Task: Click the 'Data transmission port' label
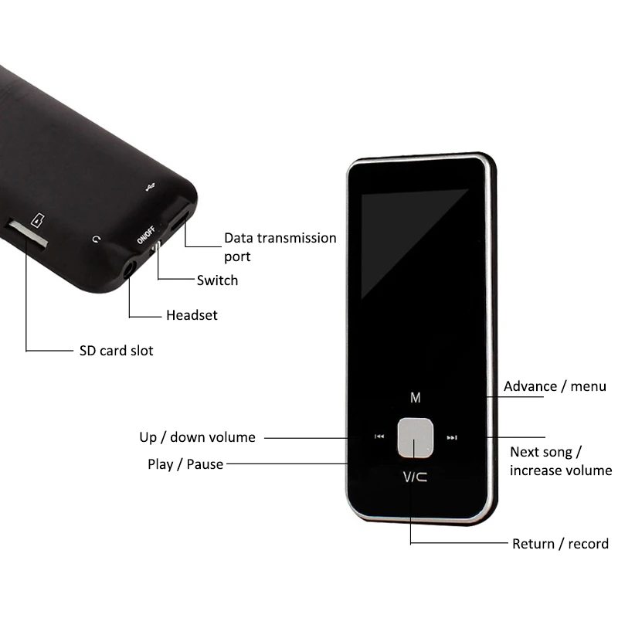click(x=280, y=246)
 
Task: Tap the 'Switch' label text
click(x=217, y=280)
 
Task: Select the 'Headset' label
click(x=192, y=315)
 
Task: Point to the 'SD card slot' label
click(x=116, y=351)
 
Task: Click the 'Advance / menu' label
click(x=555, y=386)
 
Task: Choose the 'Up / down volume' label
click(x=197, y=437)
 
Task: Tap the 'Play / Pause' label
click(x=185, y=464)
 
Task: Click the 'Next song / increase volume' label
click(x=560, y=461)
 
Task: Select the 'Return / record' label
click(x=560, y=544)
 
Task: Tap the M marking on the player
click(x=416, y=398)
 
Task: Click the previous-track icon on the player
click(x=379, y=437)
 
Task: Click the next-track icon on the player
click(x=453, y=438)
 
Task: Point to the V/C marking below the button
click(x=416, y=478)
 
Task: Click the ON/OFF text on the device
click(x=144, y=236)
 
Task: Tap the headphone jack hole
click(x=128, y=270)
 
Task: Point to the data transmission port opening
click(x=179, y=218)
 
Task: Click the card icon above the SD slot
click(x=36, y=219)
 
